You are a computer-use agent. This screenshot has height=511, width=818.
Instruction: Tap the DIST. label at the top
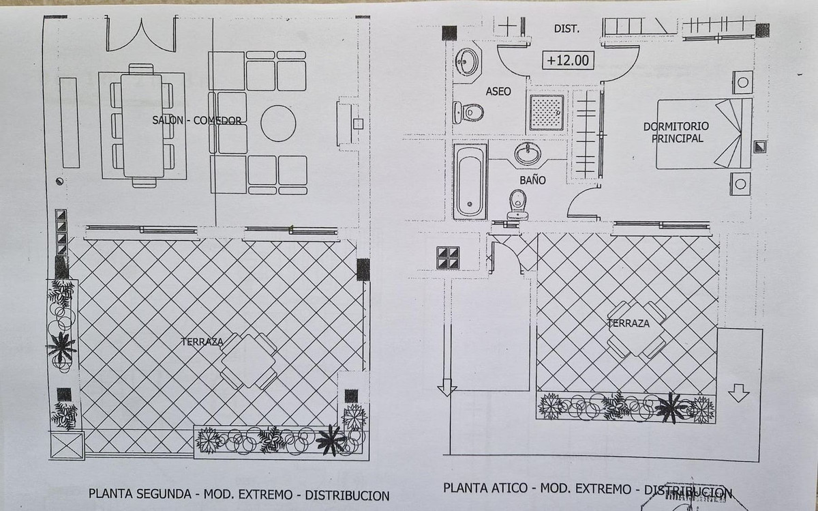[566, 29]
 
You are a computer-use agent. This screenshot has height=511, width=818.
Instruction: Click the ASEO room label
[498, 91]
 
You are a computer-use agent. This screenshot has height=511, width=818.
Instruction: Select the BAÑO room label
[532, 181]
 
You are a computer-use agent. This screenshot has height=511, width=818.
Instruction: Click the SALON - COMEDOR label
[198, 121]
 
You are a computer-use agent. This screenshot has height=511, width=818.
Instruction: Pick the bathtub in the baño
[470, 180]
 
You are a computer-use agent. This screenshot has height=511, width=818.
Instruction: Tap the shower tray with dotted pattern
[547, 112]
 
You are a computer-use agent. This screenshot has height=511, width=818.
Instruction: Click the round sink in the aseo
[467, 61]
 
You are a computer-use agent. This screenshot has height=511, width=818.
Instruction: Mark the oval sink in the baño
[528, 154]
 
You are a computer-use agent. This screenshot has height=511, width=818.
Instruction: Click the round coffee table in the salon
[278, 123]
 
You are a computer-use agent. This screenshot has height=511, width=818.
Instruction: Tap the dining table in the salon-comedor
[142, 126]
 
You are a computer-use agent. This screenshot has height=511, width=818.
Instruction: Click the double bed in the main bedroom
[703, 133]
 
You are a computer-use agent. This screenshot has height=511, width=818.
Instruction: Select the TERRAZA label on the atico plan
[629, 323]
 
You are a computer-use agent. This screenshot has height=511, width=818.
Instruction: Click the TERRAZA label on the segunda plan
[202, 342]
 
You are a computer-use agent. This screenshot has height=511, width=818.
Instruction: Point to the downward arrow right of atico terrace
[738, 393]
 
